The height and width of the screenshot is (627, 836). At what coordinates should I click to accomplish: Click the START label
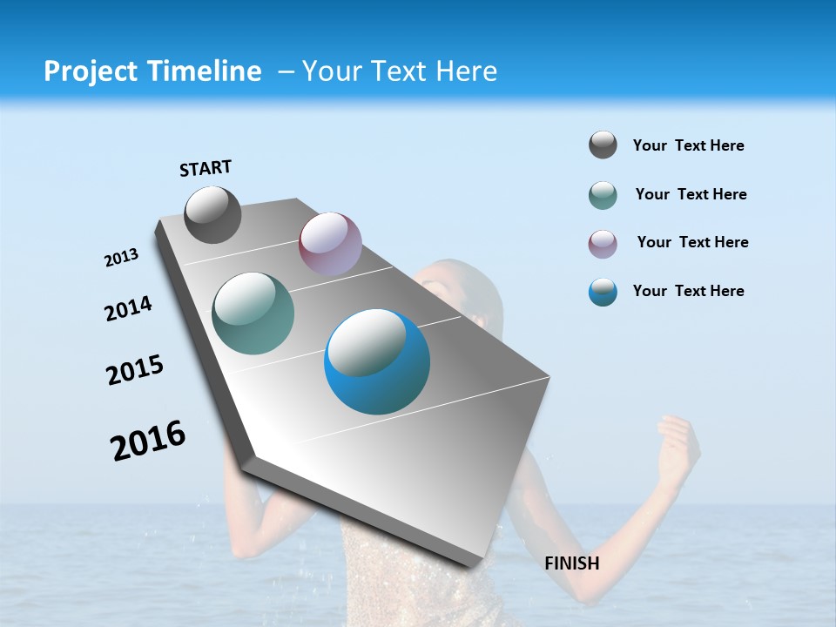pos(206,168)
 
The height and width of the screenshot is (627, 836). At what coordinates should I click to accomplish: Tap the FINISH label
pos(572,563)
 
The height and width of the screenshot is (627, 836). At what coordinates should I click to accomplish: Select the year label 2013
pos(121,258)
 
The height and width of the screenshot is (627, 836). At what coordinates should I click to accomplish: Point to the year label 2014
pos(128,308)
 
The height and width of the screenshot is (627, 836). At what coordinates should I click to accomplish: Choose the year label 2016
pos(148,441)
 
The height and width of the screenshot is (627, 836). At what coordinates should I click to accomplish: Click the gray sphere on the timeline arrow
pos(212,214)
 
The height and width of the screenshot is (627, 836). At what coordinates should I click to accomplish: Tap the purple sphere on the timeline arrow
pos(330,244)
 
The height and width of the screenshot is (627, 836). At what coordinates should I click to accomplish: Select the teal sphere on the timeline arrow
pos(253,313)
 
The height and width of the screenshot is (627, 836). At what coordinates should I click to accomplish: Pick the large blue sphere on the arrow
pos(377,361)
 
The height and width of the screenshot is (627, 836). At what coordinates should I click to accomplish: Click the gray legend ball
pos(603,145)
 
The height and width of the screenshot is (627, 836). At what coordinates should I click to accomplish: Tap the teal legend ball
pos(603,195)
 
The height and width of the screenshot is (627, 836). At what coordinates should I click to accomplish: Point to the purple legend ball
pos(603,244)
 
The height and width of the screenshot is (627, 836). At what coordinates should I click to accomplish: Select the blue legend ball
pos(603,292)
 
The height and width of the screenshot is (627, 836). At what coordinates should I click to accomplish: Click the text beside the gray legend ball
pos(688,145)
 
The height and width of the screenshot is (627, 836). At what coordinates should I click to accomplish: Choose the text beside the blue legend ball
pos(688,291)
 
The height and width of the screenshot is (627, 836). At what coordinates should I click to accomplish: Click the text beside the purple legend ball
pos(692,242)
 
